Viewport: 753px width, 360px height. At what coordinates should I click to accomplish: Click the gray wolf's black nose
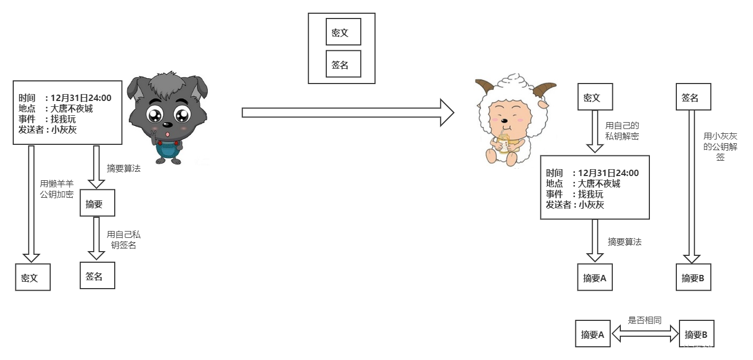tap(167, 125)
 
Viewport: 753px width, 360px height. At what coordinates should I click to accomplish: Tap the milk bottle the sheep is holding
tap(504, 143)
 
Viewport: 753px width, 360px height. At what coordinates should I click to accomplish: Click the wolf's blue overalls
tap(167, 150)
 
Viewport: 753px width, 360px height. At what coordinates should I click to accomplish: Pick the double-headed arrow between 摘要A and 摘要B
tap(645, 334)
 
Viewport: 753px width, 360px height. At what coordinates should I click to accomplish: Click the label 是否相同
tap(645, 320)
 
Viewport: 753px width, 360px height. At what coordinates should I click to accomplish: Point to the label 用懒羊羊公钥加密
tap(57, 189)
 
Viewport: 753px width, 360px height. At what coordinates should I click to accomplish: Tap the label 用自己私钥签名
tap(123, 239)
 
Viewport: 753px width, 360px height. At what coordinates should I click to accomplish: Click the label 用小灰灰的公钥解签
tap(720, 146)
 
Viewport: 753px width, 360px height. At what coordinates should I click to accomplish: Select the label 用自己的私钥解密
tap(622, 131)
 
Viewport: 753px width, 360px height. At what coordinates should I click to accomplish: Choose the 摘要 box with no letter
tap(97, 204)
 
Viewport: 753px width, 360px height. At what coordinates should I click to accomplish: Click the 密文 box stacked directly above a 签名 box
tap(343, 32)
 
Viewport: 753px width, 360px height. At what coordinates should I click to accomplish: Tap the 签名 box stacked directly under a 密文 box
tap(343, 64)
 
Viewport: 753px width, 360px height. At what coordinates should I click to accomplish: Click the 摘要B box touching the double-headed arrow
tap(696, 334)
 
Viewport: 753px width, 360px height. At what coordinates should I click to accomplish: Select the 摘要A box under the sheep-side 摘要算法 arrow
tap(595, 278)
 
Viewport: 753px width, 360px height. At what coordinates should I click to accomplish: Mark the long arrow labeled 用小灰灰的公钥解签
tap(692, 185)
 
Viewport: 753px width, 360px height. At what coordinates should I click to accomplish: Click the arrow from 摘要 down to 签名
tap(96, 238)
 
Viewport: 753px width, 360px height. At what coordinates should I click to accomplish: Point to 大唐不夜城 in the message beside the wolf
tap(71, 108)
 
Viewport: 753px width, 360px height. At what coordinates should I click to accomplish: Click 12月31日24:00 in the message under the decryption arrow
tap(608, 173)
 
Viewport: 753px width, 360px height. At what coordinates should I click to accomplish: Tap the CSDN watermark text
tap(688, 349)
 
